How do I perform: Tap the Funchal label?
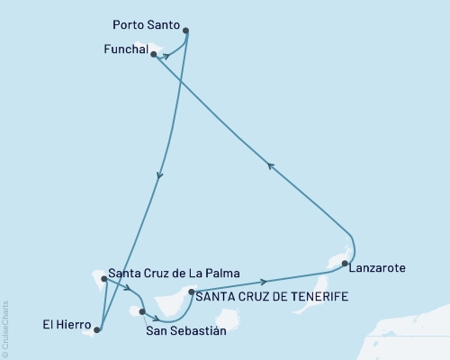click(120, 52)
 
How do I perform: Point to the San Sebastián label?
click(185, 330)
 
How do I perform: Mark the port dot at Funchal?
click(154, 54)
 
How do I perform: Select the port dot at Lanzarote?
click(345, 263)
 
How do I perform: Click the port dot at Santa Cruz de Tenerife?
click(191, 292)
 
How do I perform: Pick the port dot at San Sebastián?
click(142, 311)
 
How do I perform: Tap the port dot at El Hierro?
click(98, 329)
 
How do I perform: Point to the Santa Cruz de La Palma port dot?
click(104, 279)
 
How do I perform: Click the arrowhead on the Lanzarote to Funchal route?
click(269, 164)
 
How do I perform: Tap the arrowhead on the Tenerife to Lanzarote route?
click(263, 282)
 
